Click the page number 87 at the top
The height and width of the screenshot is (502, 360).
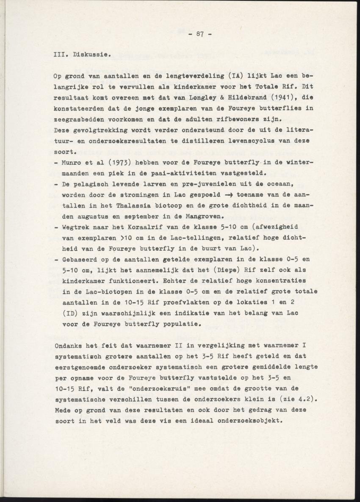pyautogui.click(x=199, y=35)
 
